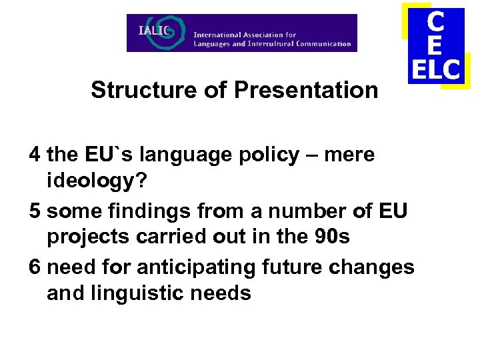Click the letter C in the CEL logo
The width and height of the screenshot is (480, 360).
point(435,21)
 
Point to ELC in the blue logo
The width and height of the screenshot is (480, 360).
point(435,69)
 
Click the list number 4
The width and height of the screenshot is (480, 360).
point(35,155)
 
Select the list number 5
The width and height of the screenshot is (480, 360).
point(35,211)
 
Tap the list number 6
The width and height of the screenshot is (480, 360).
point(35,267)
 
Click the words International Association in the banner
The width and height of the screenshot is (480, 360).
point(245,34)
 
